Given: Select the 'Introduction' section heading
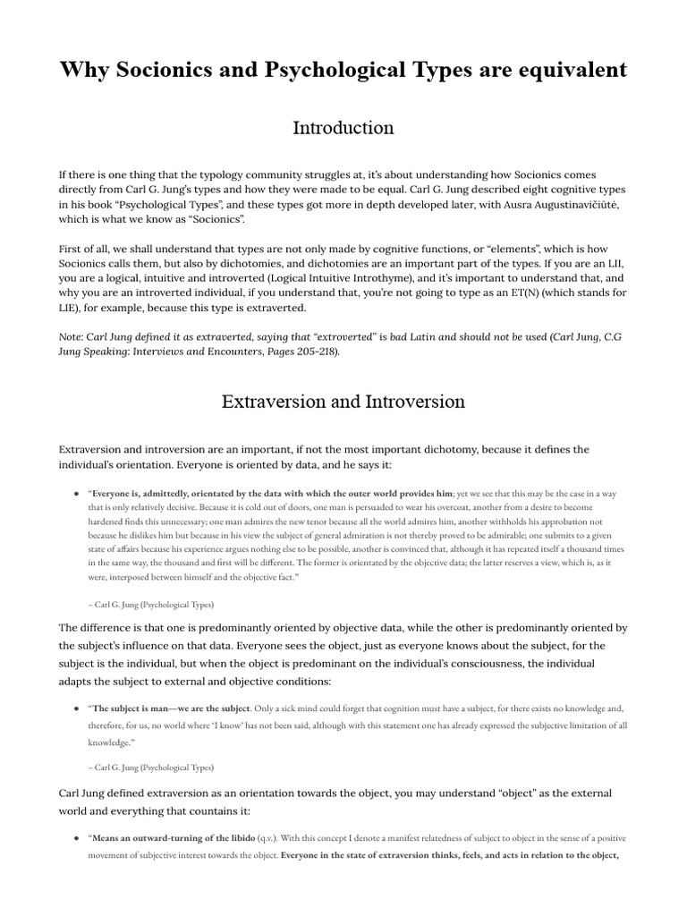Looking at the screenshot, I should point(343,128).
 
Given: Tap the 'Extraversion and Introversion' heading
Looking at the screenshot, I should point(343,402).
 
